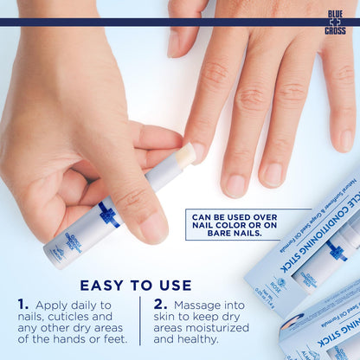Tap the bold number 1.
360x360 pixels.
click(23, 305)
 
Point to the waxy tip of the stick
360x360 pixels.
click(185, 154)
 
